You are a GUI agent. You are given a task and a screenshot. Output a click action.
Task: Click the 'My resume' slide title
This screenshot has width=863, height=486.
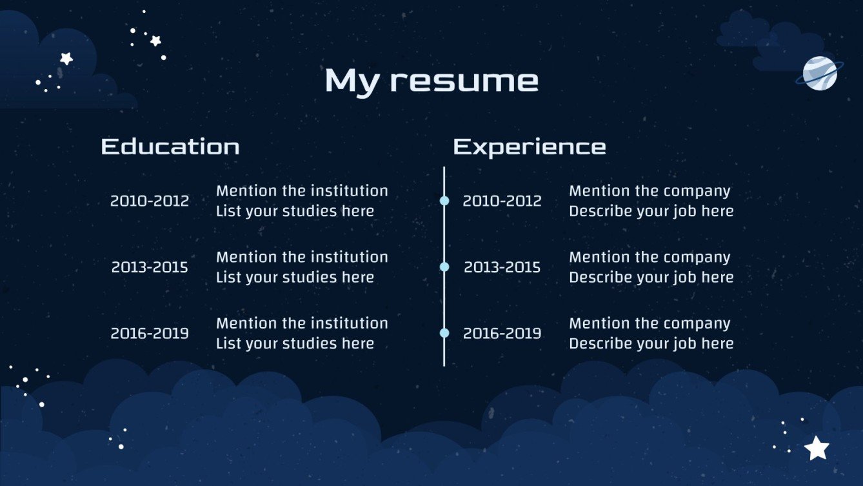[x=432, y=81]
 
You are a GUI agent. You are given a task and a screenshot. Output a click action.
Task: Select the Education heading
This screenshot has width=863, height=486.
[x=170, y=147]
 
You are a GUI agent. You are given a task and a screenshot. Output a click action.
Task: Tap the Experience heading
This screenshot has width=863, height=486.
[x=529, y=147]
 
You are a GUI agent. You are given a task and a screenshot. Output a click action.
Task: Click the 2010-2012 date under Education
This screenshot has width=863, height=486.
[x=150, y=201]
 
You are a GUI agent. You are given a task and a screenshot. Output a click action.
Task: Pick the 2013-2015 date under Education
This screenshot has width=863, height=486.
[x=150, y=267]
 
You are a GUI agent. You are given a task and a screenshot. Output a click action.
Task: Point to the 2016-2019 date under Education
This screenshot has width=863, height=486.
[x=150, y=334]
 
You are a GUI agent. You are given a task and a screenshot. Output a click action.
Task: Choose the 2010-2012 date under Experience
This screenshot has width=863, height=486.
[x=502, y=201]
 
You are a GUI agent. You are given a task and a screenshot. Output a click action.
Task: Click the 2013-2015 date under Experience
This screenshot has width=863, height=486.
[x=502, y=267]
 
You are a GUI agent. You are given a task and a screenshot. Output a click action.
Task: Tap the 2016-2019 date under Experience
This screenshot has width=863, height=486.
[x=502, y=334]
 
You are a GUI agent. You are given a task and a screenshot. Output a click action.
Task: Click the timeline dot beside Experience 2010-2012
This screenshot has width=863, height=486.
[x=444, y=201]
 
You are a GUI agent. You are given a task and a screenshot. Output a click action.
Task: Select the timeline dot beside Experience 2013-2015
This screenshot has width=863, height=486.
[x=444, y=267]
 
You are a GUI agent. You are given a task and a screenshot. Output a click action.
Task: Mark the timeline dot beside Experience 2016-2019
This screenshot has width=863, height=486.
[x=444, y=333]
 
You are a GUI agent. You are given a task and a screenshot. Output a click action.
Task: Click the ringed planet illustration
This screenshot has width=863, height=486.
[x=819, y=73]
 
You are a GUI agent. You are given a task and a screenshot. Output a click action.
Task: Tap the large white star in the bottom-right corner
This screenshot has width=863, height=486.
[x=817, y=448]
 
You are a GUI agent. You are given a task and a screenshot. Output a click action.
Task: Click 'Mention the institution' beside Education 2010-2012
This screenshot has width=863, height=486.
[x=302, y=191]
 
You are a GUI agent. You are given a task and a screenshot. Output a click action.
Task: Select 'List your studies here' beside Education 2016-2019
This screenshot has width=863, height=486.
[x=295, y=343]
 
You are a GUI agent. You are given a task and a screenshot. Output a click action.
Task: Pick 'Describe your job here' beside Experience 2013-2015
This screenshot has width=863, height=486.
[x=651, y=278]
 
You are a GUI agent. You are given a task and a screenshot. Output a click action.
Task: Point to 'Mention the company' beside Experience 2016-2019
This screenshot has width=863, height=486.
[x=650, y=323]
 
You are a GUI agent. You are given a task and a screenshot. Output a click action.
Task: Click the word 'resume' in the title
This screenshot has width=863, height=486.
[x=464, y=81]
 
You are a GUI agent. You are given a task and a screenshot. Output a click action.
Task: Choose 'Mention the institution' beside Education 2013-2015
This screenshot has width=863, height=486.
[x=302, y=257]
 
